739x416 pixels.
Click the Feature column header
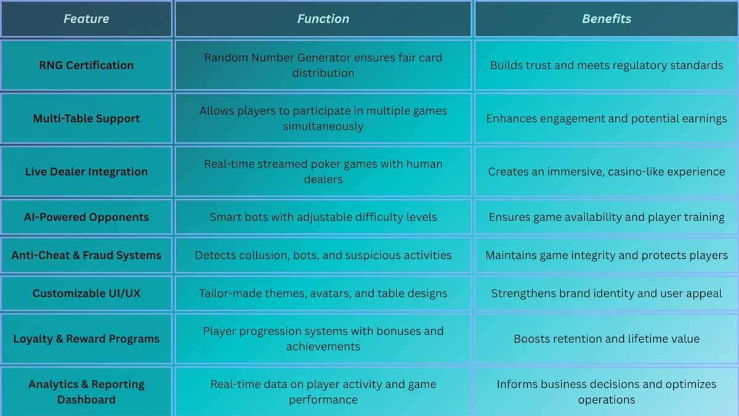(x=86, y=19)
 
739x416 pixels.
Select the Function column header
(x=323, y=19)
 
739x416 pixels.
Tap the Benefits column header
(x=607, y=19)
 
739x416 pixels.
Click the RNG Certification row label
(x=86, y=65)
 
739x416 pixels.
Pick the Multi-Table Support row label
(x=86, y=118)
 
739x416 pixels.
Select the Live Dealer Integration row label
(x=86, y=172)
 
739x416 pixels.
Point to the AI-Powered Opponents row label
(x=86, y=217)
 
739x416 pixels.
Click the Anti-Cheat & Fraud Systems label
(x=86, y=255)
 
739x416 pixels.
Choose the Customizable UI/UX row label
(x=86, y=293)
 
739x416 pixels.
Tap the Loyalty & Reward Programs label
(x=86, y=339)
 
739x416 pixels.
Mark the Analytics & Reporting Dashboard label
(x=86, y=392)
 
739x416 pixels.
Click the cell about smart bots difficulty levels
(x=323, y=217)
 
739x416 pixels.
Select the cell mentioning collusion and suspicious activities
(x=323, y=255)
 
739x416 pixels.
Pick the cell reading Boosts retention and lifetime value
(x=607, y=339)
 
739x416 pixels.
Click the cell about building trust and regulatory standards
(x=607, y=65)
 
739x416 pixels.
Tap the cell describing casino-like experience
(x=607, y=172)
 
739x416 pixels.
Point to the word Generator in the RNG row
(x=319, y=58)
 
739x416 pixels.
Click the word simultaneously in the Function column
(x=323, y=126)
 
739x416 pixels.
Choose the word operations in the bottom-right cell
(x=607, y=400)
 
